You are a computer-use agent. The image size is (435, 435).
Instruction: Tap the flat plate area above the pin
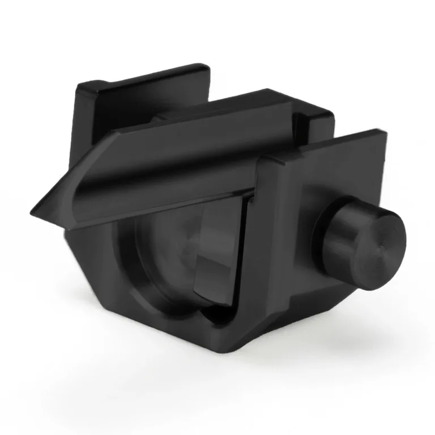[340, 176]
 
